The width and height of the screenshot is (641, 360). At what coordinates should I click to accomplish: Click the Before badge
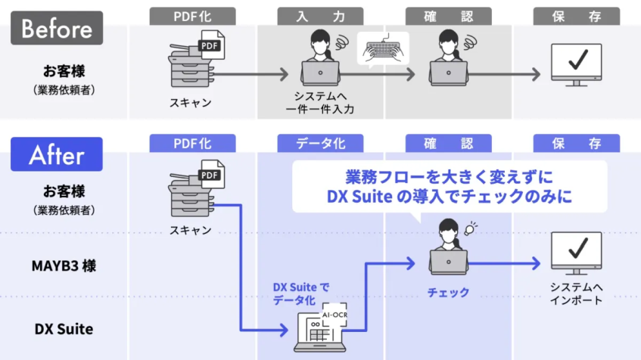pyautogui.click(x=57, y=28)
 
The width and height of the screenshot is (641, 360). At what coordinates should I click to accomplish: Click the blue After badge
pyautogui.click(x=57, y=154)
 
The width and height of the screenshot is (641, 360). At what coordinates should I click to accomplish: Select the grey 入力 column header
pyautogui.click(x=321, y=16)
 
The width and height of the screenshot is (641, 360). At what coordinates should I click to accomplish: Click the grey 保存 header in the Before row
pyautogui.click(x=577, y=16)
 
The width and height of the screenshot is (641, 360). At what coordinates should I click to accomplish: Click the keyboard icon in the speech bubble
pyautogui.click(x=382, y=50)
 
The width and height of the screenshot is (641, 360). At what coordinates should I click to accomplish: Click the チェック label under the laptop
pyautogui.click(x=449, y=292)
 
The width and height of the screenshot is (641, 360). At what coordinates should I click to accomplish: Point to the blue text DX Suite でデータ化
pyautogui.click(x=300, y=293)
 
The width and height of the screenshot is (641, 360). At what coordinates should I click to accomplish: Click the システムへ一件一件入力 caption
pyautogui.click(x=321, y=103)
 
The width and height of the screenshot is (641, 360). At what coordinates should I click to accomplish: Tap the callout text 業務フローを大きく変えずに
pyautogui.click(x=450, y=177)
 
